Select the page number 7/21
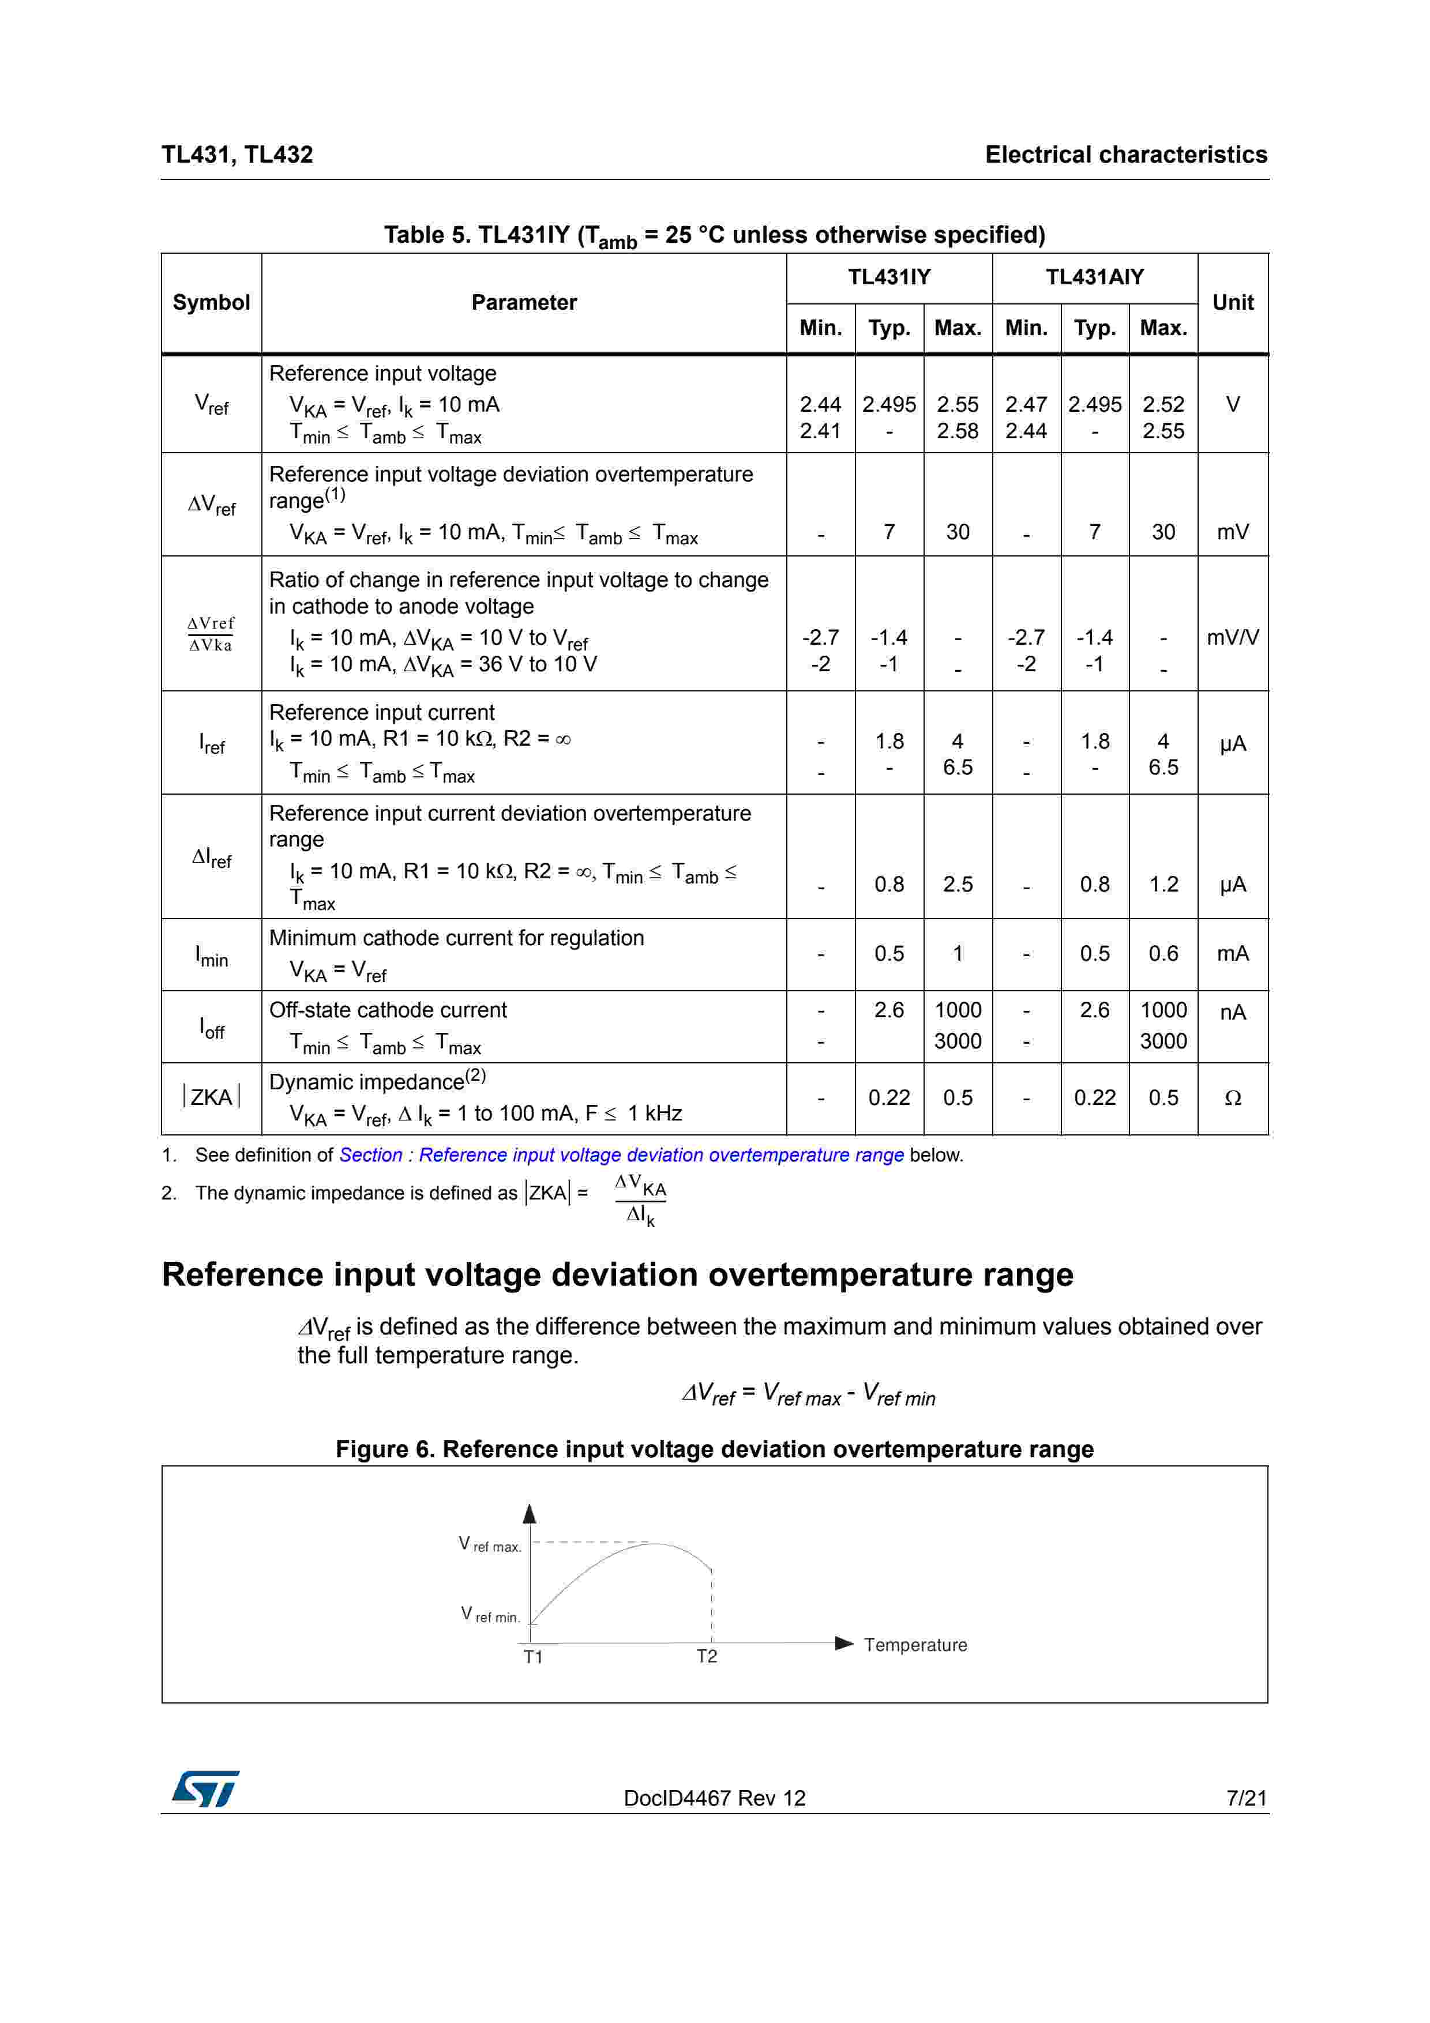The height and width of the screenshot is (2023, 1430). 1246,1798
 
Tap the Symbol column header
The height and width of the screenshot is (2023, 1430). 212,303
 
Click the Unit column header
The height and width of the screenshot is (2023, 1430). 1233,303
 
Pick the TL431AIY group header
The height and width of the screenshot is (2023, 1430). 1094,277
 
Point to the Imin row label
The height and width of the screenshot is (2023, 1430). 212,955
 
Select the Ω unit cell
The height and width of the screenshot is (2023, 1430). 1233,1098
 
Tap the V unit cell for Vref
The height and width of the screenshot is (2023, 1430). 1233,404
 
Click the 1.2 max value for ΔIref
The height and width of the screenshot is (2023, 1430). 1163,885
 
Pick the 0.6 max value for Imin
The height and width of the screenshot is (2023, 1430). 1163,953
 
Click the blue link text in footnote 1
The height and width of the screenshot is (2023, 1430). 621,1155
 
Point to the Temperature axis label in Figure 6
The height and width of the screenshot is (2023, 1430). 914,1645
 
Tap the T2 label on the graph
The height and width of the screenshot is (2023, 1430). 707,1656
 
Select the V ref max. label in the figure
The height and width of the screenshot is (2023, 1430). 490,1544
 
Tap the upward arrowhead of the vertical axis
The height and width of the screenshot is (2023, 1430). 530,1514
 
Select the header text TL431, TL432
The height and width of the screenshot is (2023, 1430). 237,155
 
